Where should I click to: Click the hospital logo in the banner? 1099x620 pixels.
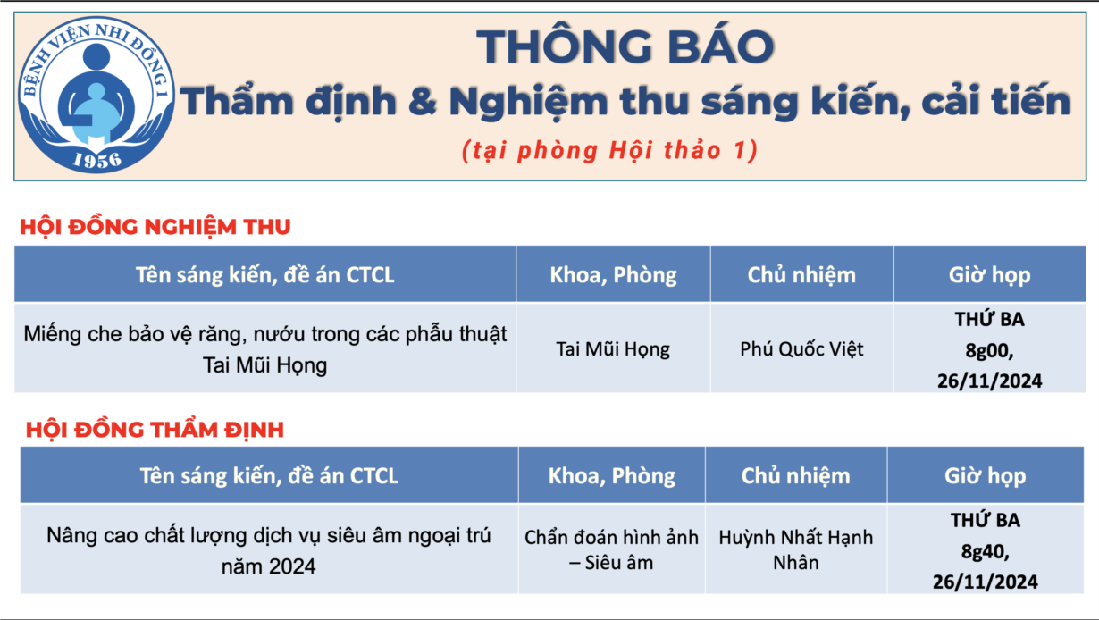pos(96,96)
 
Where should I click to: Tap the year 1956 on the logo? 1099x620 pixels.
pos(97,160)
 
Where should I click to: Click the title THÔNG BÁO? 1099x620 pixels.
pos(625,46)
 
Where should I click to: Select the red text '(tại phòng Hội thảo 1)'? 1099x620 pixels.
pos(610,151)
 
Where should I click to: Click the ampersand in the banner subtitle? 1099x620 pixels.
pos(422,102)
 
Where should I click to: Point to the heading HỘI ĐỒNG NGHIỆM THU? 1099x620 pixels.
pos(155,227)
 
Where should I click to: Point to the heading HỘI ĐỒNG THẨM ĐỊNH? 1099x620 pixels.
pos(155,430)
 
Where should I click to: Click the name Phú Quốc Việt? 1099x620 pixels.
pos(801,348)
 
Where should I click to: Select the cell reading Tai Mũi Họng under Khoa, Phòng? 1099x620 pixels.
pos(613,349)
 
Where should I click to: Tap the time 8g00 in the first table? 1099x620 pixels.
pos(989,350)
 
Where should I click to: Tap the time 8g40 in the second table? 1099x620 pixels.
pos(985,551)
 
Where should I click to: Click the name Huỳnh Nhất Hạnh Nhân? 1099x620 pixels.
pos(796,549)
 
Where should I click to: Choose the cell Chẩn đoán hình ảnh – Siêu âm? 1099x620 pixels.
pos(611,549)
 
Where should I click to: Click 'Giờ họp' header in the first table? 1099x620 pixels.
pos(990,274)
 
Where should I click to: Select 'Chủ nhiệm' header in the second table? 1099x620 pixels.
pos(796,476)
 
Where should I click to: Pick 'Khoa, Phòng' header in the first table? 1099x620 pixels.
pos(613,274)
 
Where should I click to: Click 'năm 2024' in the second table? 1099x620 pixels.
pos(268,566)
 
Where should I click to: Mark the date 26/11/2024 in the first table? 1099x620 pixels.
pos(990,381)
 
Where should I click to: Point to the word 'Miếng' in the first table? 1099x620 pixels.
pos(53,334)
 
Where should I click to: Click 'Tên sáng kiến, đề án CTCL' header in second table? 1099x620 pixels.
pos(269,476)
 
